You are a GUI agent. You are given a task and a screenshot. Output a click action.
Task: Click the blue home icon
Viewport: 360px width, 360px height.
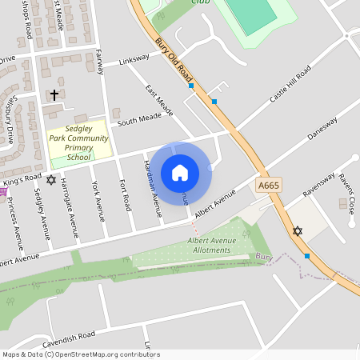coord(180,172)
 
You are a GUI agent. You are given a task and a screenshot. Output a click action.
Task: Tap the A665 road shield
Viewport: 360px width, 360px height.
coord(269,185)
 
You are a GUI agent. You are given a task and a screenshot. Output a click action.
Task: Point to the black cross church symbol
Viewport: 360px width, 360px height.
coord(54,94)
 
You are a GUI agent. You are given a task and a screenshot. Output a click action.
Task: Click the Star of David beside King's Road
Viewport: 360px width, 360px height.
coord(52,179)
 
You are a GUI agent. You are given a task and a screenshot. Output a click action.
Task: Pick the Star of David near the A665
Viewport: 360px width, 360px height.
coord(298,231)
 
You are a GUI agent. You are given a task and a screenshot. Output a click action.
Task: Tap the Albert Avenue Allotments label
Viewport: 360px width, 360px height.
coord(209,245)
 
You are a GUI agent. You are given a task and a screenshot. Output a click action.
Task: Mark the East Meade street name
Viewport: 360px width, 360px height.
coord(159,100)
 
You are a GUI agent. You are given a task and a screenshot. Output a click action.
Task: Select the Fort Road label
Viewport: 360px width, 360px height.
coord(125,195)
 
